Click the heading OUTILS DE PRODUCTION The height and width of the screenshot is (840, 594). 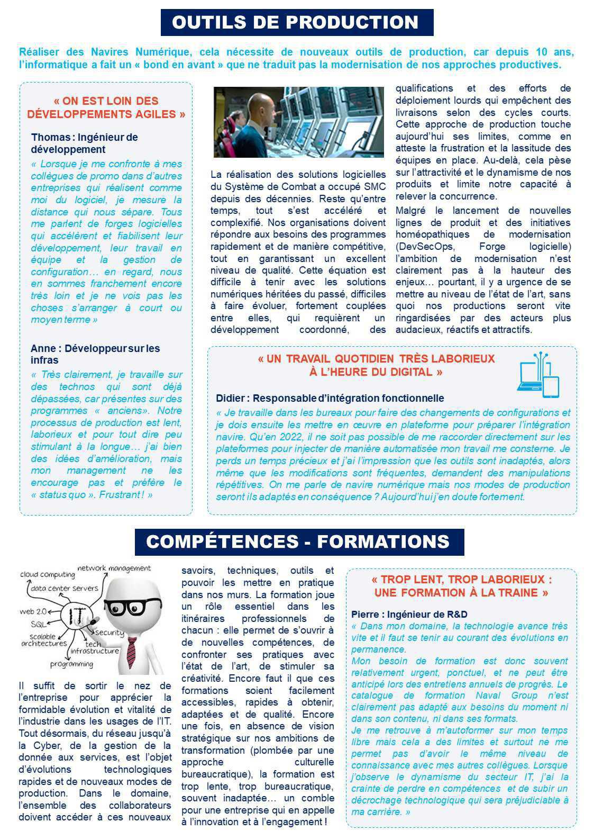[x=296, y=22]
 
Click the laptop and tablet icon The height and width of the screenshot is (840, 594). [x=538, y=375]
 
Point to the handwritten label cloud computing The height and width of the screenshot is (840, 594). [x=47, y=574]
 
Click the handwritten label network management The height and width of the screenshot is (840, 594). [x=114, y=568]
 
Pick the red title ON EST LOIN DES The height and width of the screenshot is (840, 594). [x=106, y=101]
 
